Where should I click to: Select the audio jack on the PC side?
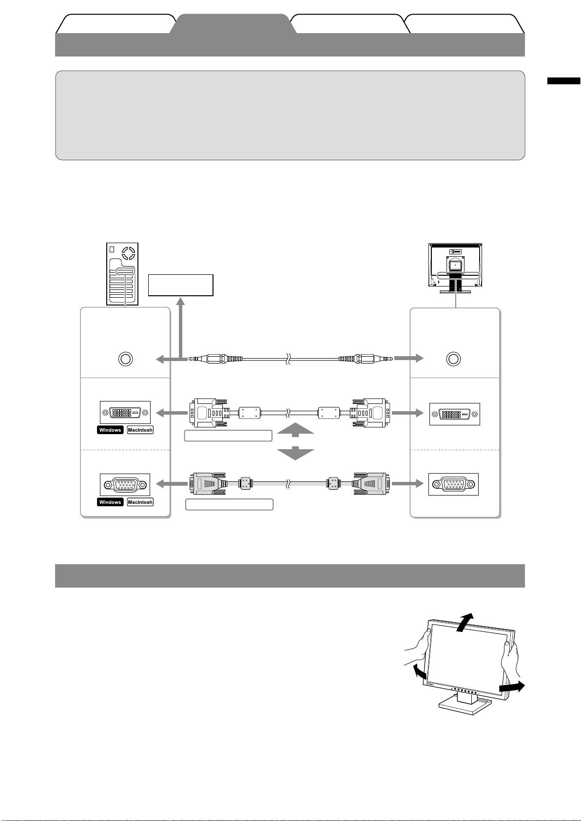[x=125, y=359]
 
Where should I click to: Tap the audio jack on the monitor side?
[x=453, y=359]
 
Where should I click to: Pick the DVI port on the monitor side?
[x=454, y=414]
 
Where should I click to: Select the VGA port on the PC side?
[x=125, y=485]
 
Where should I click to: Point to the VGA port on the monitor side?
[x=454, y=484]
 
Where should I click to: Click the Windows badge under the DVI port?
[x=110, y=430]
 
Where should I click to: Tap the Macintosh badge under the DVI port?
[x=140, y=430]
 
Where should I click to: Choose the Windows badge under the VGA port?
[x=110, y=502]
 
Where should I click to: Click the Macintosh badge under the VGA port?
[x=140, y=502]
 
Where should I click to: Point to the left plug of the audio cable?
[x=214, y=359]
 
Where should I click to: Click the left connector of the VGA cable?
[x=207, y=484]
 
